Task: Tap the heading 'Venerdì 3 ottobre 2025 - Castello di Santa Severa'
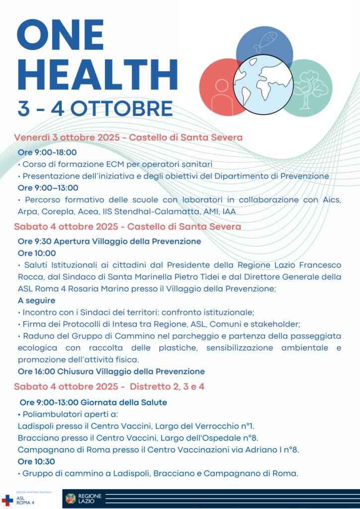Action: click(x=128, y=137)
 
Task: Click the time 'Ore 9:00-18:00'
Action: click(x=47, y=152)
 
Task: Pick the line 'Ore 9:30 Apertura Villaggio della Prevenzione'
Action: click(x=109, y=241)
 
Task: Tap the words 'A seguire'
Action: click(x=36, y=300)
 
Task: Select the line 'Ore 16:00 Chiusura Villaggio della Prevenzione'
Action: click(x=111, y=371)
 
